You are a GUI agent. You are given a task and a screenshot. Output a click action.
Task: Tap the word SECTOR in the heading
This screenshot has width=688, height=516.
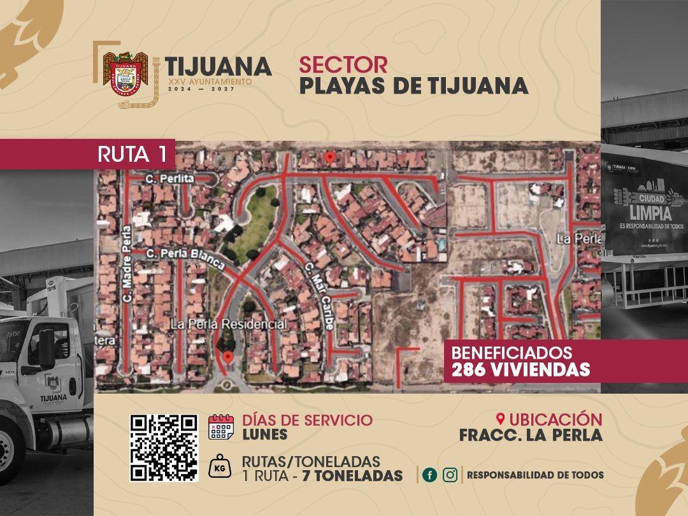(343, 64)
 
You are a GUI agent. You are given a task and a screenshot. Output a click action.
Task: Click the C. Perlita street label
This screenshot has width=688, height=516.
(169, 179)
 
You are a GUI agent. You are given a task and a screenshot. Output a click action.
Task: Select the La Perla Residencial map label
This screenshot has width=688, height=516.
(228, 324)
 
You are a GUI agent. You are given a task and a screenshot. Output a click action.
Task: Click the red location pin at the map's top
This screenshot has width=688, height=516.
(329, 157)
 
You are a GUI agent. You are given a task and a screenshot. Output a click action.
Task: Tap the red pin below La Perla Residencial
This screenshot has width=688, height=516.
(227, 357)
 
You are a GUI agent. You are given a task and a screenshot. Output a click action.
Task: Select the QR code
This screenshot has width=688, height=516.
(164, 447)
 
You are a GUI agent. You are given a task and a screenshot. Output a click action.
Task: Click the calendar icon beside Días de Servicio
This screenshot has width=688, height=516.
(221, 427)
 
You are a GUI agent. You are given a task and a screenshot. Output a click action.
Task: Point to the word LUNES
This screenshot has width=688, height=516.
(264, 435)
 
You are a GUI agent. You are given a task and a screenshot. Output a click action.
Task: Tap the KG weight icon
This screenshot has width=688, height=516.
(221, 467)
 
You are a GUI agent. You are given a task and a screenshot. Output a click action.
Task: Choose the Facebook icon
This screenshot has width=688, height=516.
(430, 475)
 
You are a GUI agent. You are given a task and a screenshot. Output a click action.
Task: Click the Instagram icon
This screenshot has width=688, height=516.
(450, 475)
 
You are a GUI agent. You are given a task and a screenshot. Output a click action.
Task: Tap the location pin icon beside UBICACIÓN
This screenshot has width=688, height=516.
(500, 419)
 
